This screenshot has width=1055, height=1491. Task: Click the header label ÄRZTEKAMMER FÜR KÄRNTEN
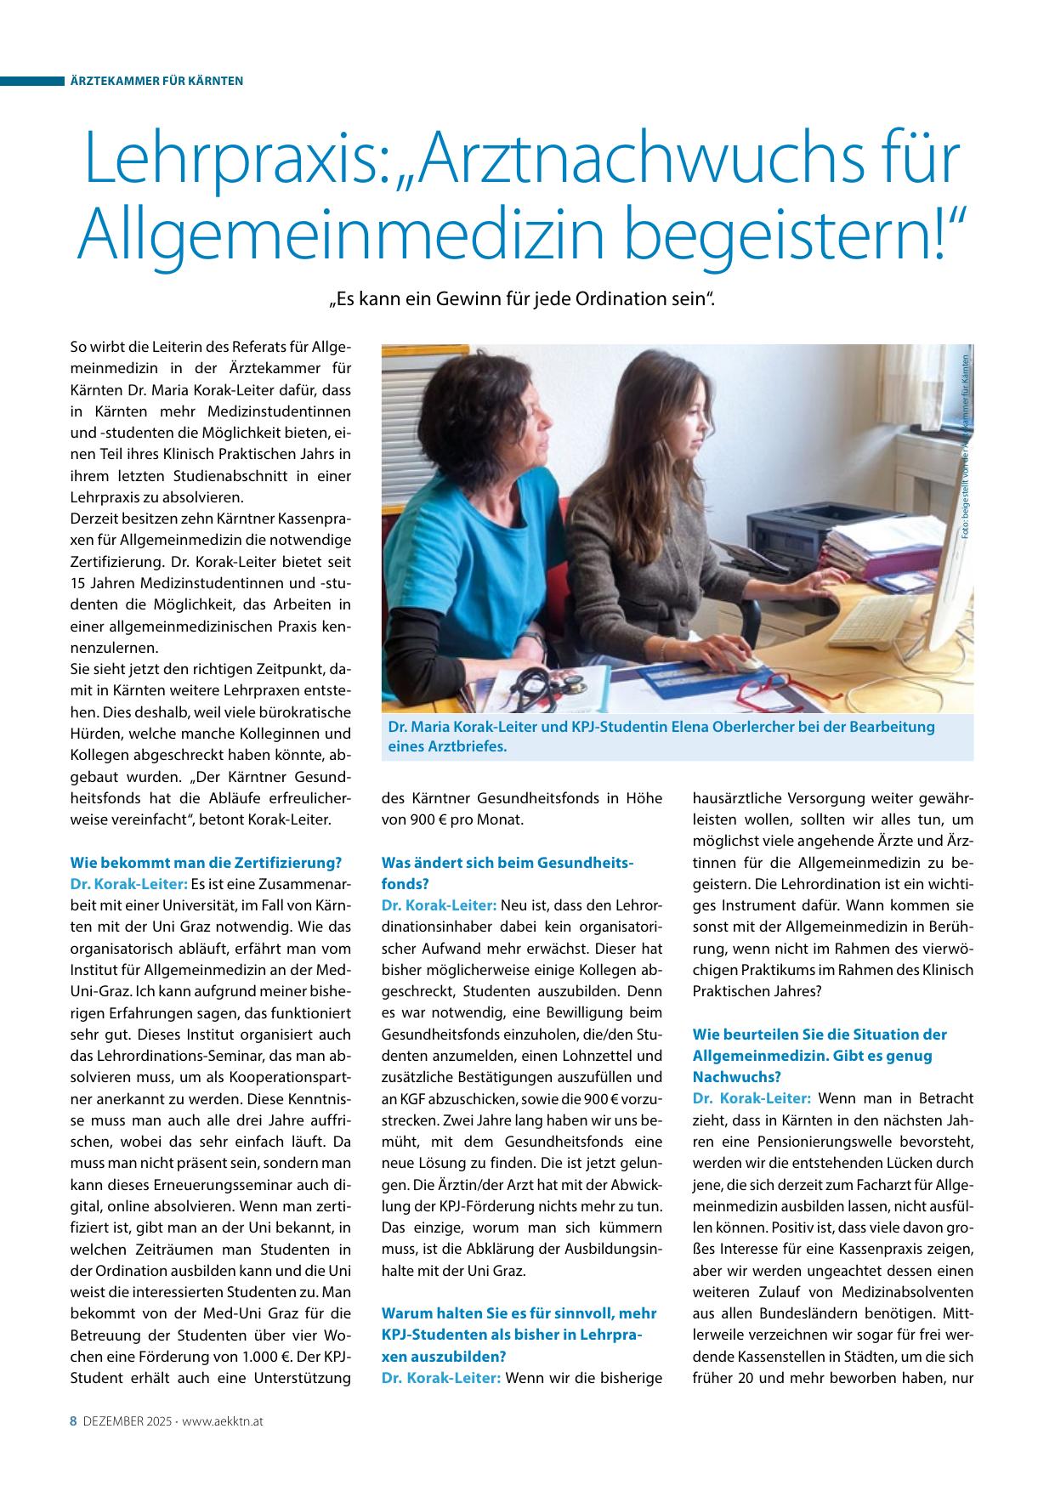(156, 81)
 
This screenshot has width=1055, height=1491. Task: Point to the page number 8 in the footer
(73, 1420)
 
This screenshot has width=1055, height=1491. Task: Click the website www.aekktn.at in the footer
(221, 1420)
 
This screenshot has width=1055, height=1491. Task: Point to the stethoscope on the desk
(544, 680)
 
